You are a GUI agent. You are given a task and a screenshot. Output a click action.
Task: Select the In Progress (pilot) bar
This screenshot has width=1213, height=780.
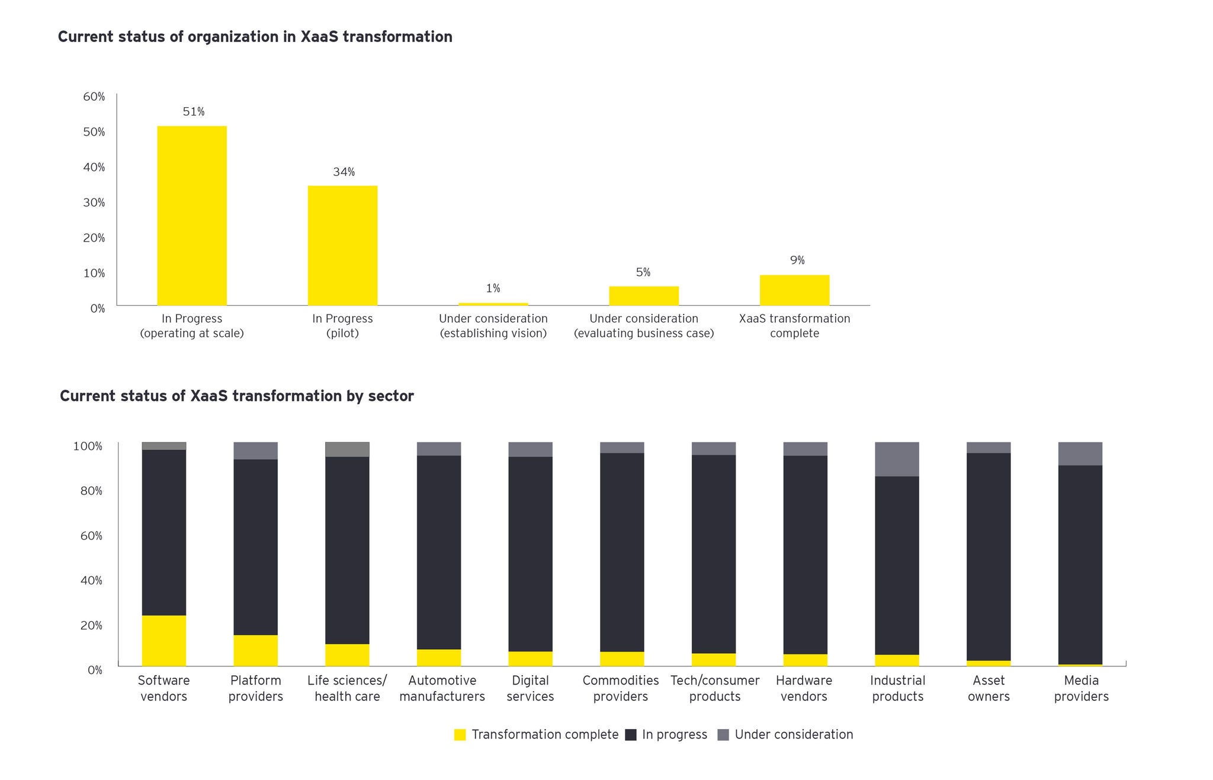coord(342,245)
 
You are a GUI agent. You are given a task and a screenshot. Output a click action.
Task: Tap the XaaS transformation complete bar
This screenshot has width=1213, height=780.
coord(794,290)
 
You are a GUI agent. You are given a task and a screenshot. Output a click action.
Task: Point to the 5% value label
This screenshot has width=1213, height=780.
coord(643,272)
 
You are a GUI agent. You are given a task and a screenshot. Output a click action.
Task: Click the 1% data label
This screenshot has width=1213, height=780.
coord(493,288)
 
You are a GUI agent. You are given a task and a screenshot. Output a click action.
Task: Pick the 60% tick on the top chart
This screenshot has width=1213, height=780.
coord(94,97)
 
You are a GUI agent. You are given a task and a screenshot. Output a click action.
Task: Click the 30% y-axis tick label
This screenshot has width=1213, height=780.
coord(94,203)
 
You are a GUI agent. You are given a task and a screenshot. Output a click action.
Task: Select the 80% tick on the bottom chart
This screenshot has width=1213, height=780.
coord(91,491)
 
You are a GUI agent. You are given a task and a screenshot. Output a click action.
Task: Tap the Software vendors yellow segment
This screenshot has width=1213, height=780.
coord(164,640)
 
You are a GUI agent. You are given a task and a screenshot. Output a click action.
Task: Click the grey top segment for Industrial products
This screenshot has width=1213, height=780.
coord(897,459)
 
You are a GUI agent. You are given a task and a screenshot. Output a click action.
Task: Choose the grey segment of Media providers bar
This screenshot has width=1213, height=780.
coord(1080,454)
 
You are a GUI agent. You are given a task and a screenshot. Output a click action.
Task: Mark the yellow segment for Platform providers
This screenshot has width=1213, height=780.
coord(255,650)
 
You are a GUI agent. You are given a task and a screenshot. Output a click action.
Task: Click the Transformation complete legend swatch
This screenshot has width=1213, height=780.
coord(460,735)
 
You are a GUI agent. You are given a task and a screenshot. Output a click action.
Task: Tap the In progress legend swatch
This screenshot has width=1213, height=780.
coord(631,735)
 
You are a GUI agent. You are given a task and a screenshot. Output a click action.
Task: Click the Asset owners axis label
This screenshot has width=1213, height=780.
coord(989,688)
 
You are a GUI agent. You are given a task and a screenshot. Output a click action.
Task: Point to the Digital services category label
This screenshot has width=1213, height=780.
coord(530,688)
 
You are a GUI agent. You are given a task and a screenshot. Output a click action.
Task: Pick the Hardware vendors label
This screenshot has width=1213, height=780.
coord(804,688)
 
